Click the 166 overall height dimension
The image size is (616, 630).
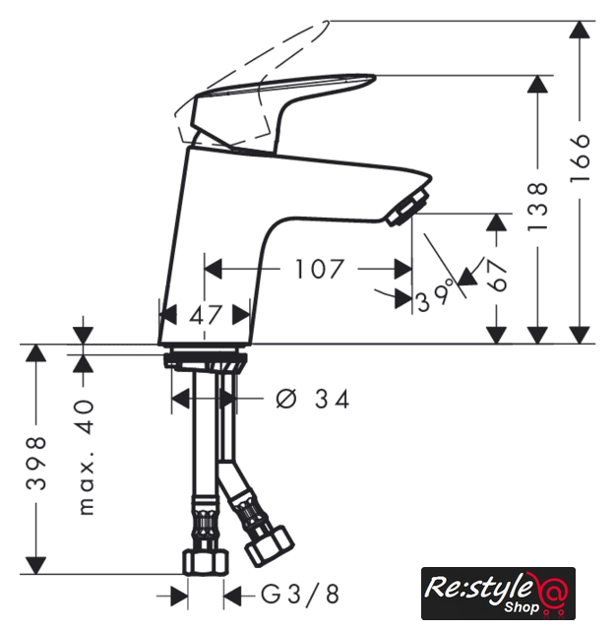[x=580, y=157]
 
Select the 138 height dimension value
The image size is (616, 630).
[x=537, y=207]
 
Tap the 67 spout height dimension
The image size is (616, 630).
[x=497, y=276]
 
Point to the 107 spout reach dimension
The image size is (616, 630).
[x=319, y=269]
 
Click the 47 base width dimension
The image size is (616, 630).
[x=206, y=315]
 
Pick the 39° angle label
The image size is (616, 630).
[x=435, y=298]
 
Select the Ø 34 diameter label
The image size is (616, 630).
[x=312, y=399]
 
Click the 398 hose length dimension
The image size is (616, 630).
[x=36, y=464]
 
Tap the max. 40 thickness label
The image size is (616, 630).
[x=86, y=457]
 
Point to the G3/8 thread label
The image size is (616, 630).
[x=300, y=594]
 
